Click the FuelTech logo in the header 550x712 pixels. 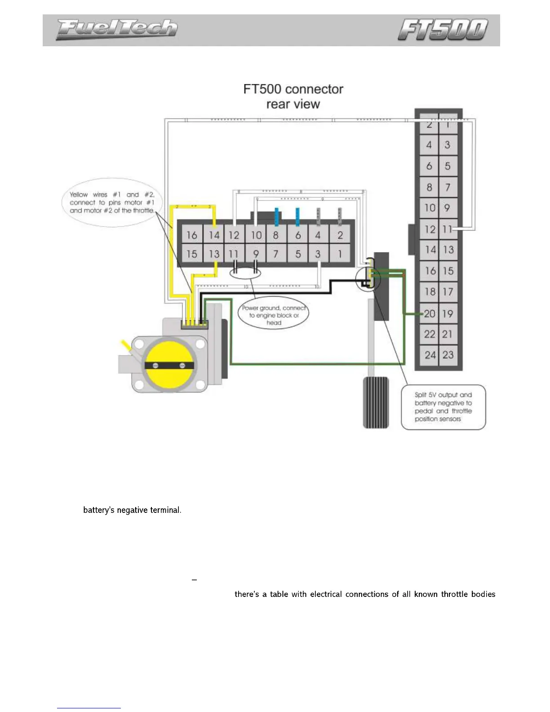(116, 30)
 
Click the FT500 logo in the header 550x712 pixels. (443, 30)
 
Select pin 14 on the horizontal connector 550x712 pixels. (214, 235)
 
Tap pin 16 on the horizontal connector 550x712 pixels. (192, 235)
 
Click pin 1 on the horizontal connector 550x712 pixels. (340, 254)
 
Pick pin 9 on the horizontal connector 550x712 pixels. (256, 254)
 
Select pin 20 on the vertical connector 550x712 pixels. (430, 314)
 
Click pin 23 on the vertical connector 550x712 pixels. (448, 355)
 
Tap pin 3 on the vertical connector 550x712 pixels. (448, 145)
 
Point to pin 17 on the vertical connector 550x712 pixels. (448, 292)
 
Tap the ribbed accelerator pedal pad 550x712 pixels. (376, 402)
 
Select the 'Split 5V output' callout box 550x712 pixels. (443, 407)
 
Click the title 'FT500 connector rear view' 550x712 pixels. (293, 96)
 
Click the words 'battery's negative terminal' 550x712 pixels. (132, 510)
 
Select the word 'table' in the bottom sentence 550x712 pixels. (279, 594)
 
